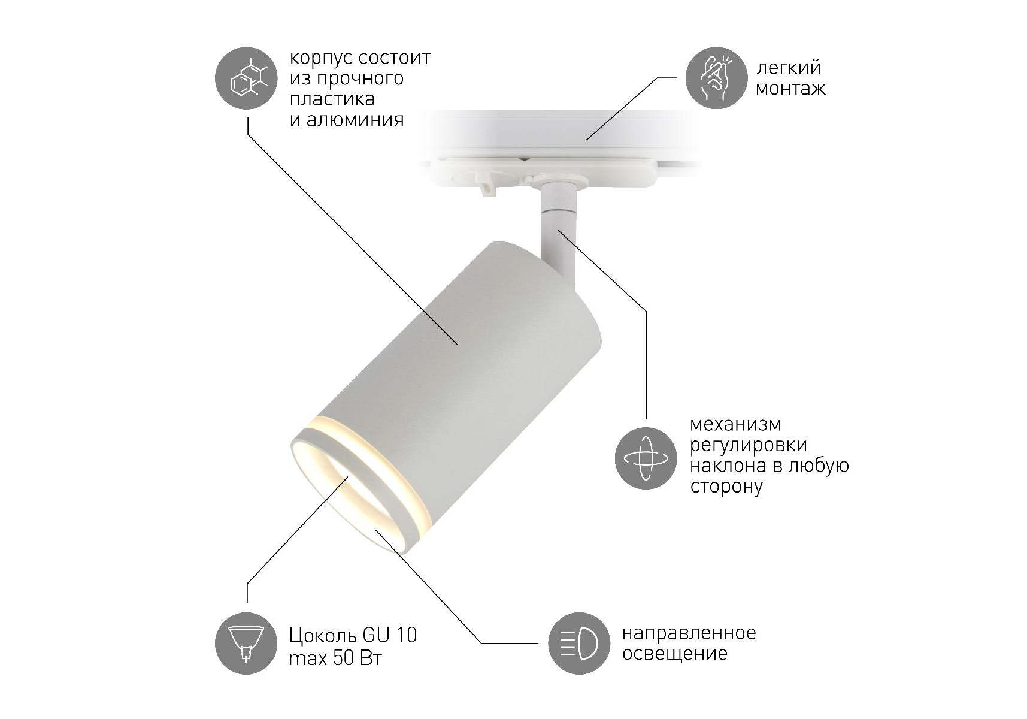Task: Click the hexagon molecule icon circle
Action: click(x=246, y=78)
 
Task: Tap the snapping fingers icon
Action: click(x=716, y=78)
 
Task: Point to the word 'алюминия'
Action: click(x=355, y=120)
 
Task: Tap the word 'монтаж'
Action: click(x=790, y=89)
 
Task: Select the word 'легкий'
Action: click(x=789, y=68)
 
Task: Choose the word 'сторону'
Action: click(x=726, y=487)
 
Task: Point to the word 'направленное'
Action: click(x=689, y=633)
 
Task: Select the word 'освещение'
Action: click(x=675, y=654)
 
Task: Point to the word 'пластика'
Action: click(x=332, y=99)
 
